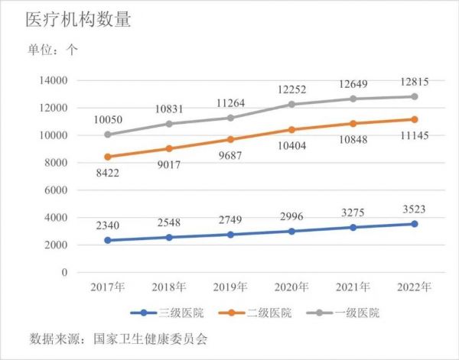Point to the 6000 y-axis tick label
(55, 190)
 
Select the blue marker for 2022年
(414, 224)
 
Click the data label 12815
(414, 82)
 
